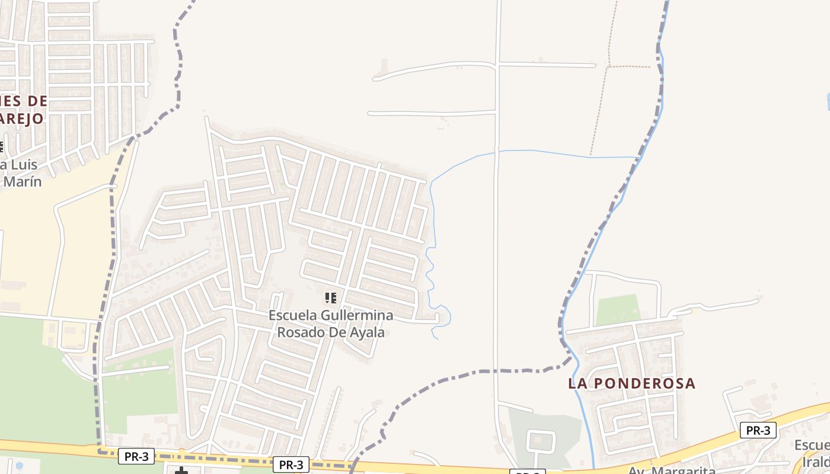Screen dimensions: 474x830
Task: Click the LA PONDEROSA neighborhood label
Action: coord(631,383)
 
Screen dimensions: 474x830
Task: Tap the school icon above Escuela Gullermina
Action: coord(331,297)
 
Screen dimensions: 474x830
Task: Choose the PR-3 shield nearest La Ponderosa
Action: coord(758,431)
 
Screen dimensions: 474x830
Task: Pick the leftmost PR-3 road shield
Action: coord(136,456)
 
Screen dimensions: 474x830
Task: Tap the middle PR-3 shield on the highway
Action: coord(291,465)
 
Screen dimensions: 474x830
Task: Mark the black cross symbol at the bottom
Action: coord(181,471)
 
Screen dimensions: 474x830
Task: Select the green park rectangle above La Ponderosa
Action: coord(618,309)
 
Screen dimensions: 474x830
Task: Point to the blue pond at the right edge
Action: coord(828,101)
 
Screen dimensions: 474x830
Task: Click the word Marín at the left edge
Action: coord(23,181)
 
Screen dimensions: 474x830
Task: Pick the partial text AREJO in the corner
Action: coord(22,118)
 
